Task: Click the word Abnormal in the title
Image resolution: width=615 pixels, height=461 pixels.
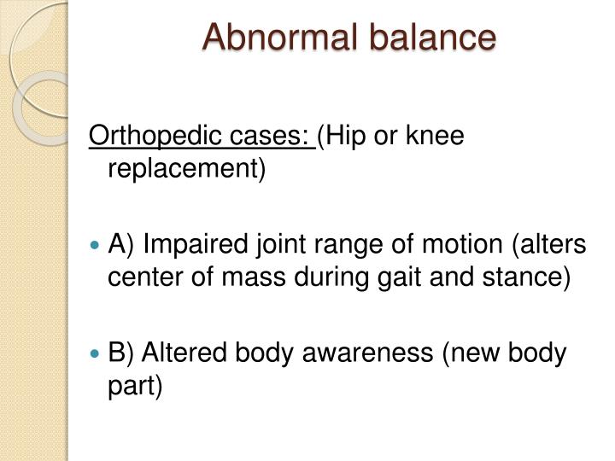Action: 272,38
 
